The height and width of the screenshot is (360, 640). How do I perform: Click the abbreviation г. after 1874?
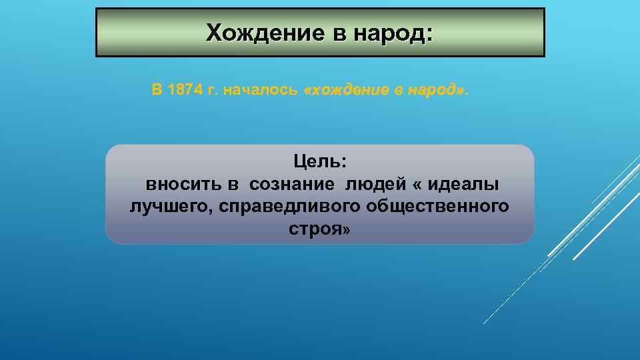213,91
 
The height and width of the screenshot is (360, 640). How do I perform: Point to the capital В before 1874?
157,91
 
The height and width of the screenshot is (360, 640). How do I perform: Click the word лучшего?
168,207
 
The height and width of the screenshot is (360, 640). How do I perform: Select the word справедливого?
287,207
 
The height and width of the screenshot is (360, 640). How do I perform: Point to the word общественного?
437,207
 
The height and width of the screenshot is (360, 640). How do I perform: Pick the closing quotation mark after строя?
345,230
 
